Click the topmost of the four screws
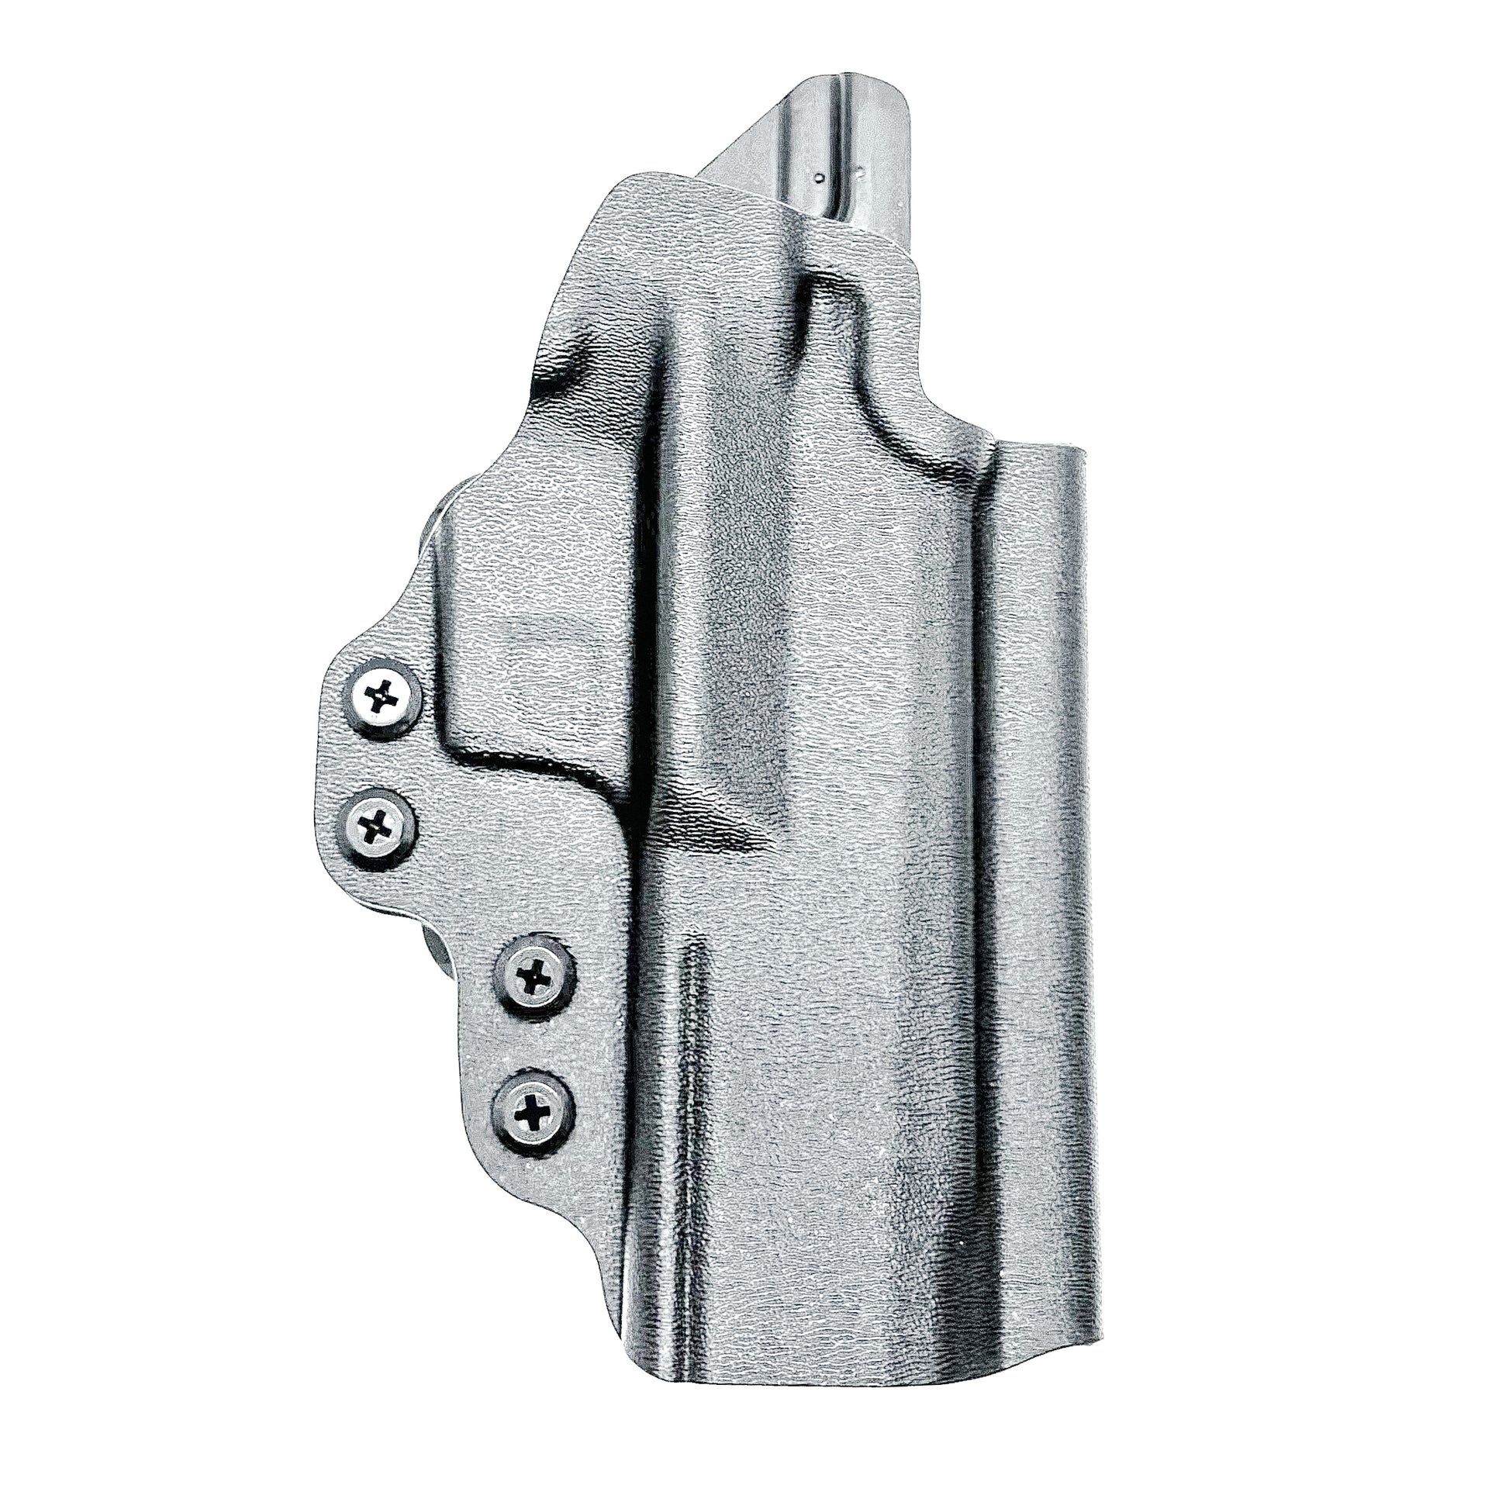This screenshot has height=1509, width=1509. click(x=383, y=692)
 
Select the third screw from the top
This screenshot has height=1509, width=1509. click(x=535, y=974)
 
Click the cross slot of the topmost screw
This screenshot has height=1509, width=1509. click(x=383, y=692)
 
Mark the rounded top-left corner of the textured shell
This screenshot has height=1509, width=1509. click(x=625, y=188)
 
